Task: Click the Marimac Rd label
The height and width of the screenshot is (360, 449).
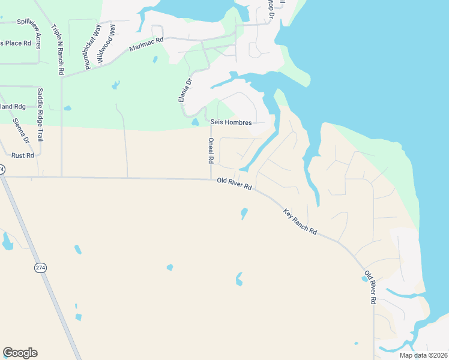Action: click(x=146, y=45)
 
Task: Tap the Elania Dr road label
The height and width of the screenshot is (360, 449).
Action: click(x=185, y=90)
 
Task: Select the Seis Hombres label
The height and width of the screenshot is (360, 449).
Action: click(x=231, y=122)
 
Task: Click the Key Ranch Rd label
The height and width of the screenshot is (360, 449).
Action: click(x=300, y=221)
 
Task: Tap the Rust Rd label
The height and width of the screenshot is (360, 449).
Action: click(x=23, y=155)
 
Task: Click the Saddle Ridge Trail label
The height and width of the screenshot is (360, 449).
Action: click(x=41, y=115)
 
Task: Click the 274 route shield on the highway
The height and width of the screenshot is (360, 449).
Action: click(x=40, y=267)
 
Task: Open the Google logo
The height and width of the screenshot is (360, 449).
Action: click(x=20, y=353)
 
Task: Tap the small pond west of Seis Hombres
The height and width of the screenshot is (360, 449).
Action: click(x=195, y=122)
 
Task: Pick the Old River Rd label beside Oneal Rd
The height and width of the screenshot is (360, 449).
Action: click(x=234, y=184)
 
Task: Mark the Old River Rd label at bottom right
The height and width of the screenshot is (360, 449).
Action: click(x=369, y=287)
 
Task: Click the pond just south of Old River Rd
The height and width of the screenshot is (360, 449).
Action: click(x=244, y=213)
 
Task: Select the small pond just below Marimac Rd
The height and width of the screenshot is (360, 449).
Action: click(x=155, y=59)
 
